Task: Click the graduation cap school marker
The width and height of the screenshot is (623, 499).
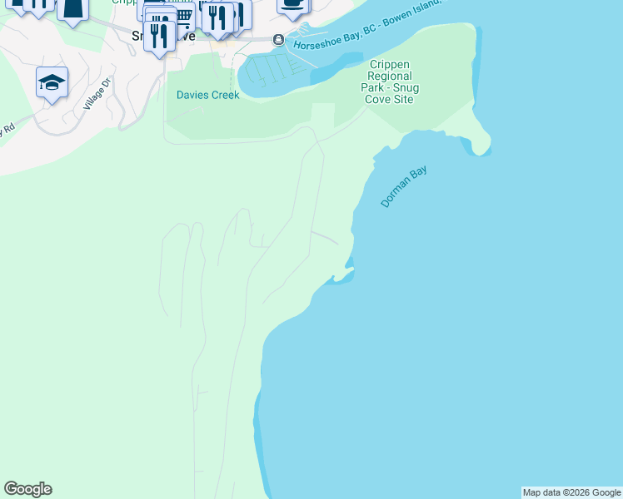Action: [x=52, y=82]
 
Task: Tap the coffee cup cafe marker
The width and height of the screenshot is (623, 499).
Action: [x=292, y=4]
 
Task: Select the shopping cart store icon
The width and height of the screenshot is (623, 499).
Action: [x=184, y=14]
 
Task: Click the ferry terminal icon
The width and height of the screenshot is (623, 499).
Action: [x=278, y=40]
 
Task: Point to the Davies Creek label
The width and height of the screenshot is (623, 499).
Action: [x=207, y=95]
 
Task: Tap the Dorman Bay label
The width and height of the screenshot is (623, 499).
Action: [x=403, y=186]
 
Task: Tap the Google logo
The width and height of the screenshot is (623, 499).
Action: [x=27, y=489]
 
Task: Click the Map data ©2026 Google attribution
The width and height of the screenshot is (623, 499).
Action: [x=571, y=492]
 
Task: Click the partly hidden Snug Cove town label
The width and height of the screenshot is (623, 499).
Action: [x=163, y=37]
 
